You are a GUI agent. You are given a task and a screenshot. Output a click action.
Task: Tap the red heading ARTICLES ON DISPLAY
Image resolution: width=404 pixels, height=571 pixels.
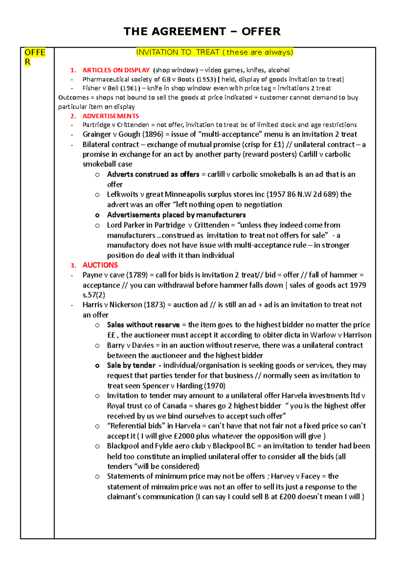point(116,70)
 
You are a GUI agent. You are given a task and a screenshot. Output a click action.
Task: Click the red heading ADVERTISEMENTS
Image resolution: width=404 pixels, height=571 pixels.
point(110,116)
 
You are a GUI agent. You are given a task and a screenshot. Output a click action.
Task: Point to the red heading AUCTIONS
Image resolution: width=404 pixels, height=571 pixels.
point(100,265)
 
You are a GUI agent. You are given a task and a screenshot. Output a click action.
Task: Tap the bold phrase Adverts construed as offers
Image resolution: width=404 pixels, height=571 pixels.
point(153,174)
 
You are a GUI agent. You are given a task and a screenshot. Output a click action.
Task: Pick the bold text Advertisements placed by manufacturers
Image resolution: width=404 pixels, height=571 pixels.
point(176,215)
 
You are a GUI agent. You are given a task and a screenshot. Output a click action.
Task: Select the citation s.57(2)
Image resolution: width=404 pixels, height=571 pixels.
point(94,295)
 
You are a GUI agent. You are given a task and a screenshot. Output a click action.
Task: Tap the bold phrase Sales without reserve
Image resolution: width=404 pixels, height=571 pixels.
point(143,325)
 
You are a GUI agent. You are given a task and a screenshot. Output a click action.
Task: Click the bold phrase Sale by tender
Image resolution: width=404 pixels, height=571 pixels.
point(131,365)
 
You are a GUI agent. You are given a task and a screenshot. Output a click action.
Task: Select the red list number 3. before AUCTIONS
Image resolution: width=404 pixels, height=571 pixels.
point(73,265)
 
